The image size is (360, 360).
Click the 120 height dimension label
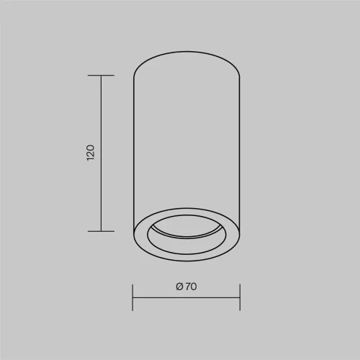click(91, 153)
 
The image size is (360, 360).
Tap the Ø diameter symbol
click(179, 287)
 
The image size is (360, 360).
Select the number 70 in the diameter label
click(191, 287)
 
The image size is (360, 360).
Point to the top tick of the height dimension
click(101, 76)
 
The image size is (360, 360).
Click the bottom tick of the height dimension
click(101, 231)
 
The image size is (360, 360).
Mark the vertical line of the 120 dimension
click(101, 153)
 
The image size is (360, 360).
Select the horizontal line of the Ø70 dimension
click(186, 297)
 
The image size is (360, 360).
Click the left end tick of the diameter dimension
click(132, 297)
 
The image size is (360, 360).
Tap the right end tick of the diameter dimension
click(240, 297)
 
